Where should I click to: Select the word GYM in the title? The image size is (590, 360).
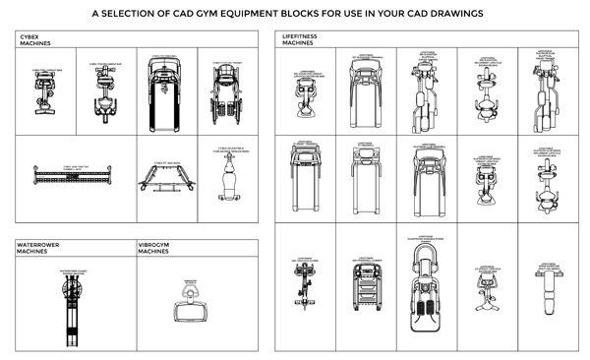pyautogui.click(x=235, y=15)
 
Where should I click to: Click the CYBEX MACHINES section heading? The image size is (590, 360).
pyautogui.click(x=36, y=39)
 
